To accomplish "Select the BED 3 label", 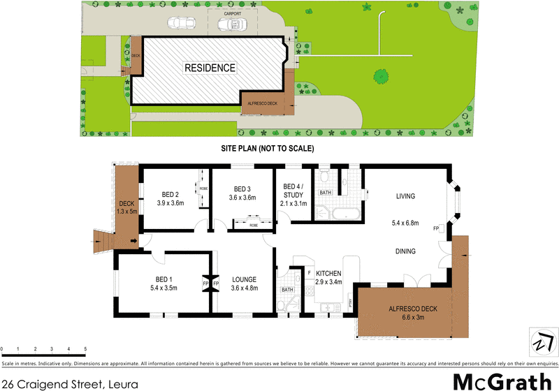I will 242,189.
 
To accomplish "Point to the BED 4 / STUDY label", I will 293,190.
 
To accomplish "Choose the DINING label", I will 405,251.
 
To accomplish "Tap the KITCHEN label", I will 328,273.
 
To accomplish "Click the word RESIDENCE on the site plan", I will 210,68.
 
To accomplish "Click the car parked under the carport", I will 231,25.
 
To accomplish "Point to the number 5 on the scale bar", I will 85,348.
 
